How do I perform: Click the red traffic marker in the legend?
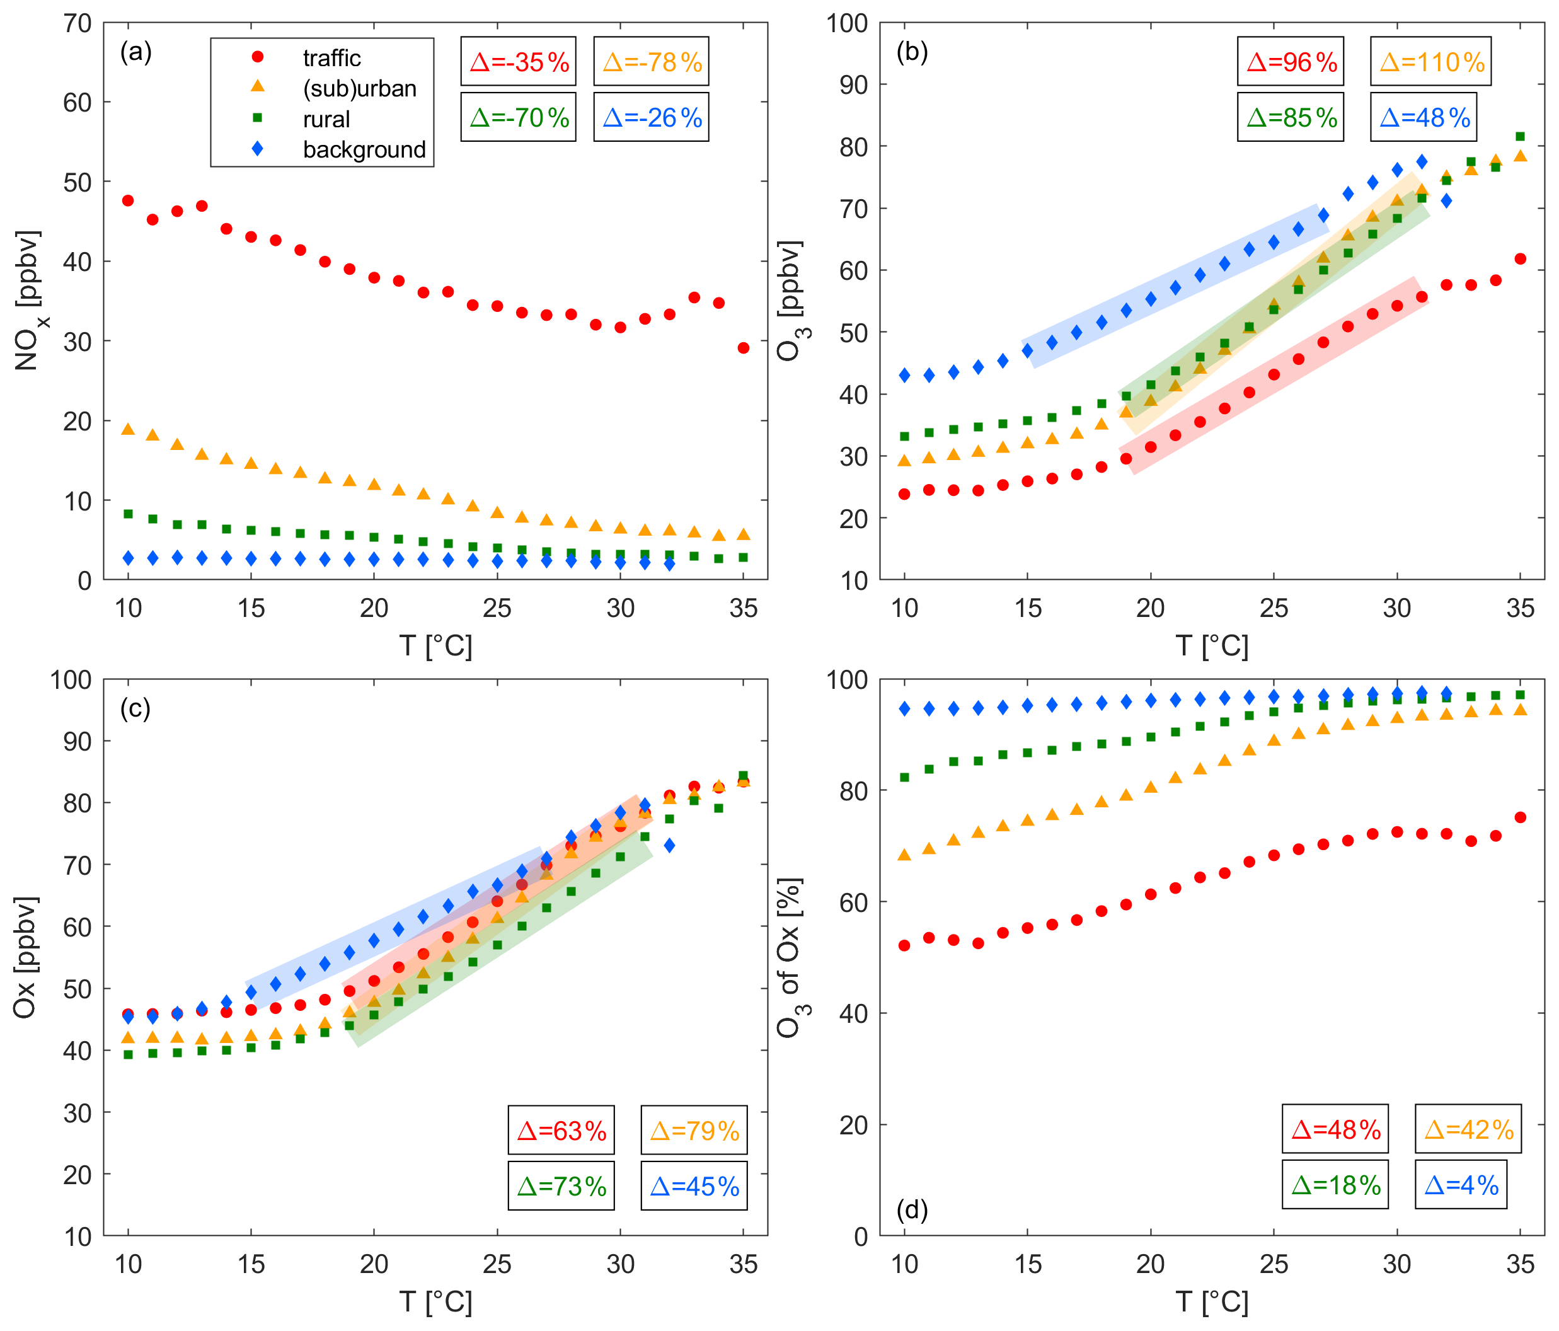(257, 57)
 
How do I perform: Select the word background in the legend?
(364, 150)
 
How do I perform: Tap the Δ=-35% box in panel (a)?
(519, 62)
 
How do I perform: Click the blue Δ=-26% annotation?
(652, 117)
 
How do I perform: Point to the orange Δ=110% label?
(1431, 62)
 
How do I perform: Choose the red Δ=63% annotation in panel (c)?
(561, 1130)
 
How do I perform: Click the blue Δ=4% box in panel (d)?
(1461, 1185)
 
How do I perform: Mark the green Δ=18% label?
(1335, 1185)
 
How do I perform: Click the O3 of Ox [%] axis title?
(790, 957)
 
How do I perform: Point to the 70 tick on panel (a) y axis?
(78, 23)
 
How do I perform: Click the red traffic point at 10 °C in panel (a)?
(128, 201)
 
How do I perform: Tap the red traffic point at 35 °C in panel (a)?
(744, 348)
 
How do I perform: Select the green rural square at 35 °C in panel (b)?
(1520, 137)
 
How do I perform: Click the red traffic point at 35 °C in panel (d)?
(1520, 817)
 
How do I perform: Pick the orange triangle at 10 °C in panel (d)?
(904, 855)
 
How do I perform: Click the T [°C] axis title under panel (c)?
(435, 1301)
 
